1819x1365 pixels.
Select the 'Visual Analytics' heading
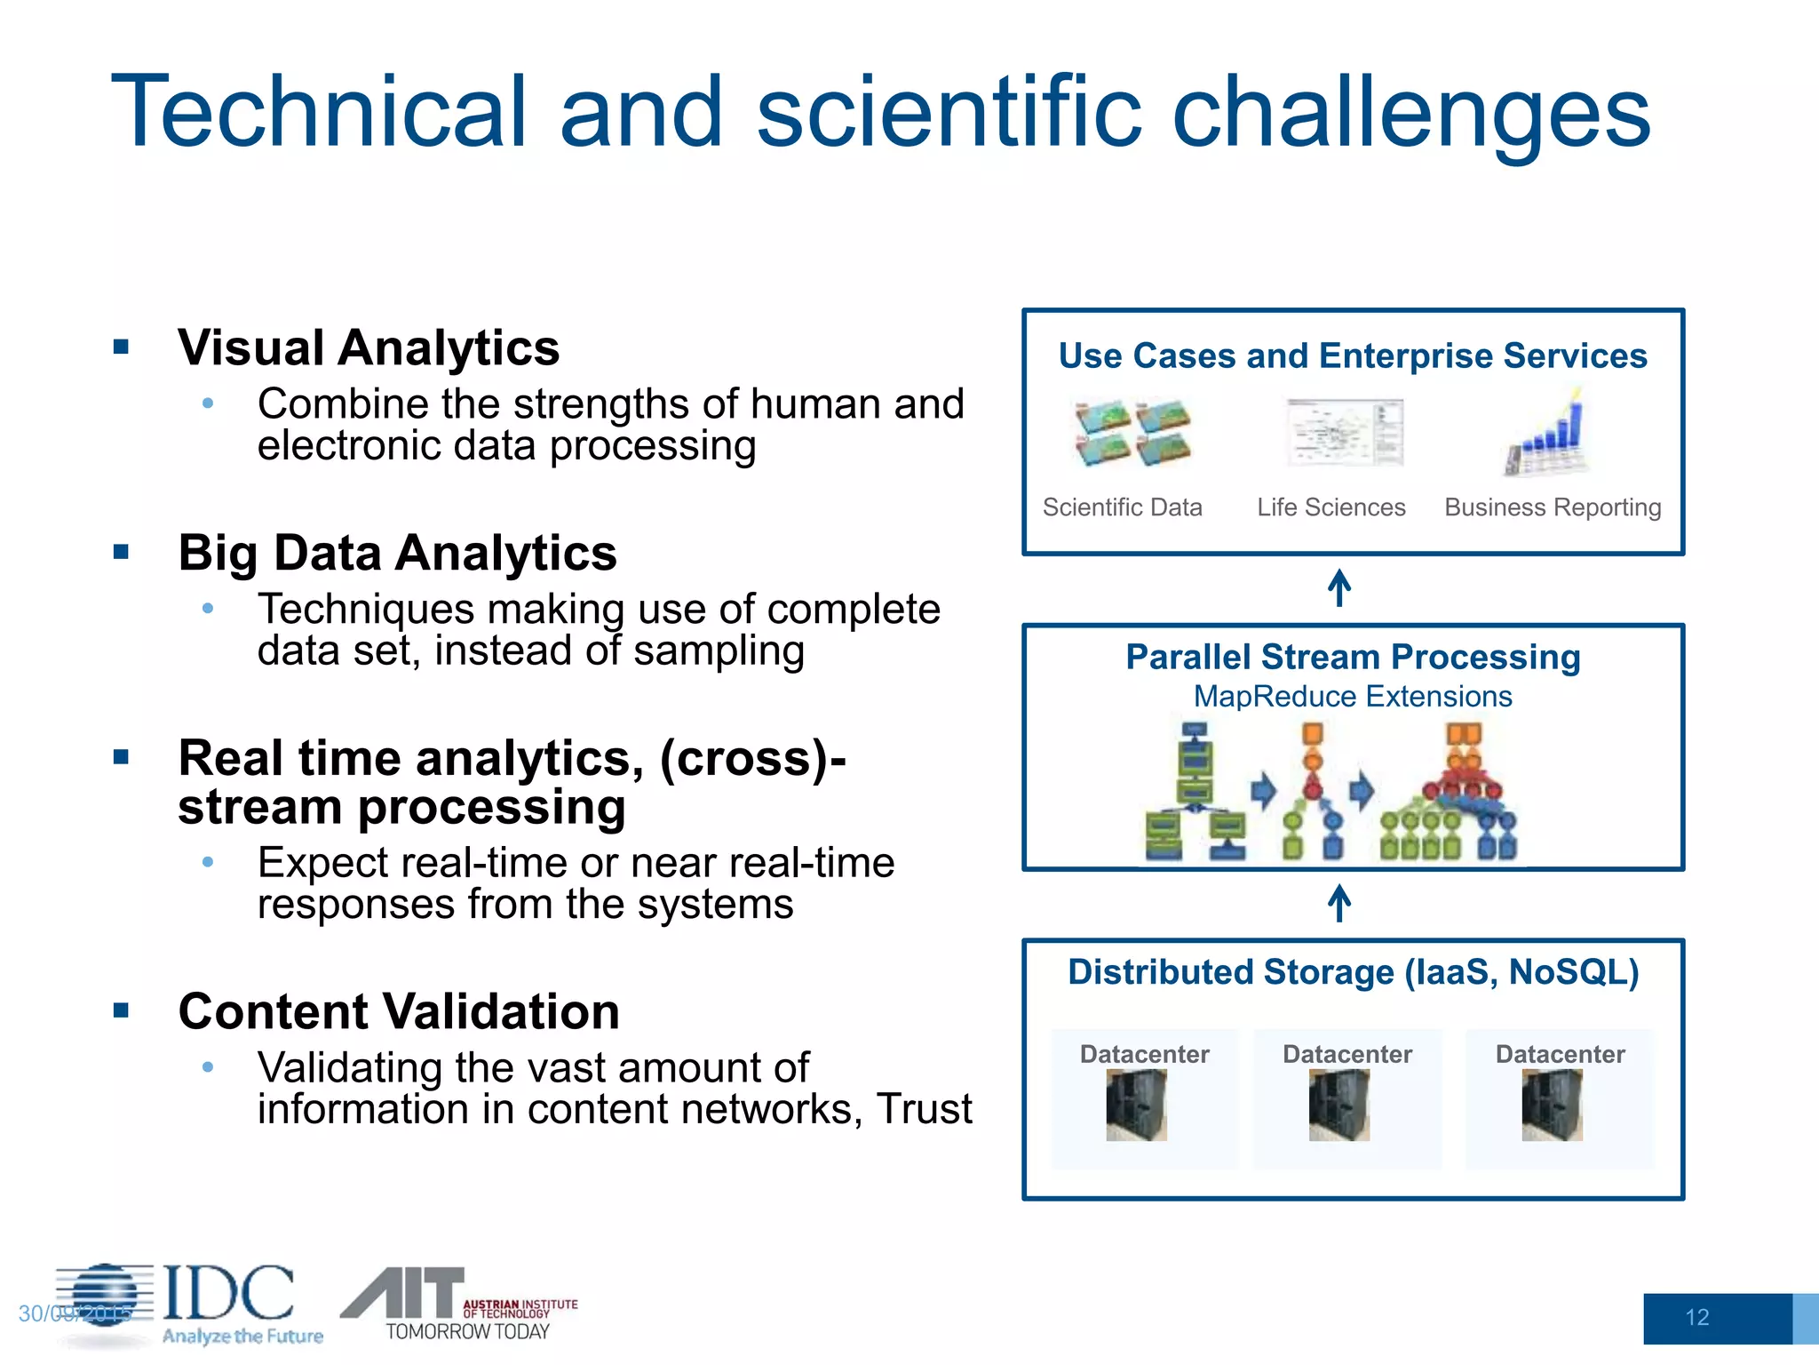[x=368, y=347]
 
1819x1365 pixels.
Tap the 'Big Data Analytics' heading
[x=397, y=553]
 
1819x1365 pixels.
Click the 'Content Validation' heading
[x=398, y=1011]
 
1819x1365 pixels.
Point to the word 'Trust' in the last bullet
[x=924, y=1109]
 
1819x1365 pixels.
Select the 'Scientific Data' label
[x=1122, y=507]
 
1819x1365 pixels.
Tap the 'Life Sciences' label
[x=1330, y=507]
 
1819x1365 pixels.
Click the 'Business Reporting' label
[x=1552, y=507]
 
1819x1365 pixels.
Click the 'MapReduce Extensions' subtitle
[x=1352, y=697]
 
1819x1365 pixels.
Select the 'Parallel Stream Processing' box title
[x=1352, y=658]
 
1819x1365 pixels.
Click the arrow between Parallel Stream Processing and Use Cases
[x=1339, y=588]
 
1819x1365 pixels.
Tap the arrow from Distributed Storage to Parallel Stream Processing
[x=1339, y=904]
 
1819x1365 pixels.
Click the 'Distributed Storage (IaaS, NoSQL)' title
[x=1352, y=972]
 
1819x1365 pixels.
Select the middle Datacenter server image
[x=1338, y=1105]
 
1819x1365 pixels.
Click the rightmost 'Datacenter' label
[x=1560, y=1055]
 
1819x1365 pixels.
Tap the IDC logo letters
[x=228, y=1293]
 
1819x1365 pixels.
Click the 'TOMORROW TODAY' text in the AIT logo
[x=467, y=1331]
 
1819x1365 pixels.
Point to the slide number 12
[x=1696, y=1317]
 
